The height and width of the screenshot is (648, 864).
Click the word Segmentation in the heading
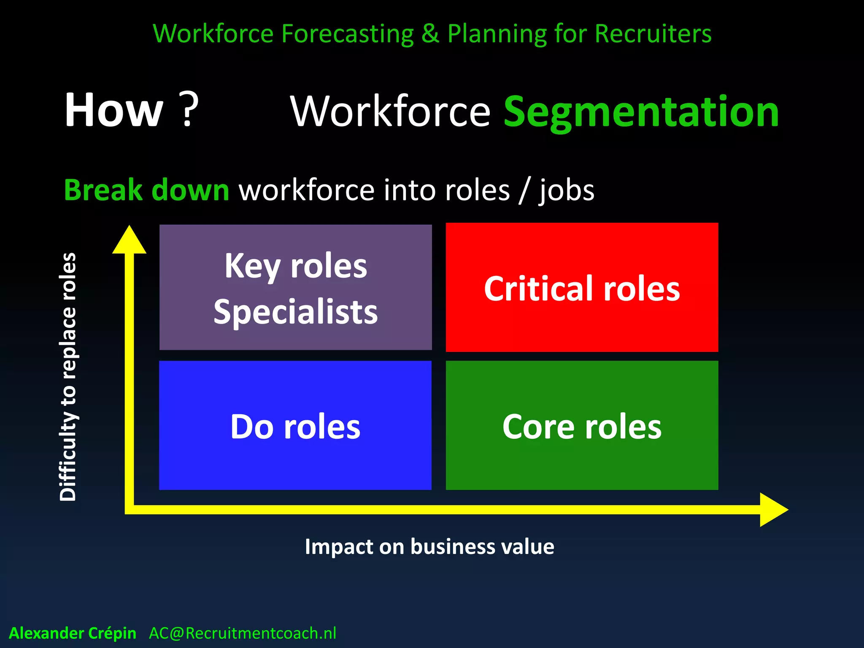click(641, 112)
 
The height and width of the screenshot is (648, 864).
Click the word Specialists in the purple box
click(295, 312)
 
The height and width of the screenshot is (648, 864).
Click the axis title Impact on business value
click(429, 547)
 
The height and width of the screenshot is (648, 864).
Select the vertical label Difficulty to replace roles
click(68, 376)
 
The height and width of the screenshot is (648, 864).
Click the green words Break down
click(146, 190)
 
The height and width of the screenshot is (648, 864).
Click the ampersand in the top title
click(430, 34)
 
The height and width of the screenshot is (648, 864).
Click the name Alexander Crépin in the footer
click(73, 633)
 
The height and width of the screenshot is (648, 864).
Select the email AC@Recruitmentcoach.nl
click(243, 633)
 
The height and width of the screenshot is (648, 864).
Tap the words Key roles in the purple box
click(295, 267)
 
